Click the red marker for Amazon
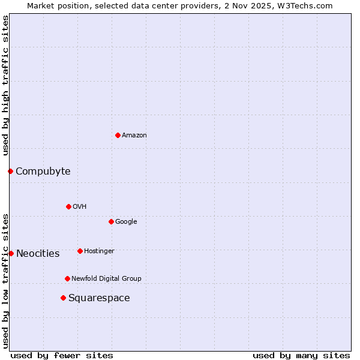(x=118, y=135)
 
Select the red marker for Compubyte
(x=10, y=171)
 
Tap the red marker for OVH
(x=68, y=206)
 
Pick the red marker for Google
(x=111, y=221)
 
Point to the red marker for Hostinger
(x=80, y=251)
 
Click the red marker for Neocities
(x=11, y=253)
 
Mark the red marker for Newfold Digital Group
(x=67, y=278)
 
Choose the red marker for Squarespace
(x=63, y=298)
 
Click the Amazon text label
(x=134, y=136)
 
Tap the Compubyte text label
(x=43, y=172)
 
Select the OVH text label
(x=80, y=207)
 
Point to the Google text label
(x=126, y=222)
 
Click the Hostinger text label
(x=99, y=251)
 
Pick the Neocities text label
(x=38, y=254)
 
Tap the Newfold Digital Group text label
(x=106, y=279)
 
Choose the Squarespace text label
(x=99, y=298)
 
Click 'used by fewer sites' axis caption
(x=62, y=355)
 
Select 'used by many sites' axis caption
(x=301, y=355)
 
